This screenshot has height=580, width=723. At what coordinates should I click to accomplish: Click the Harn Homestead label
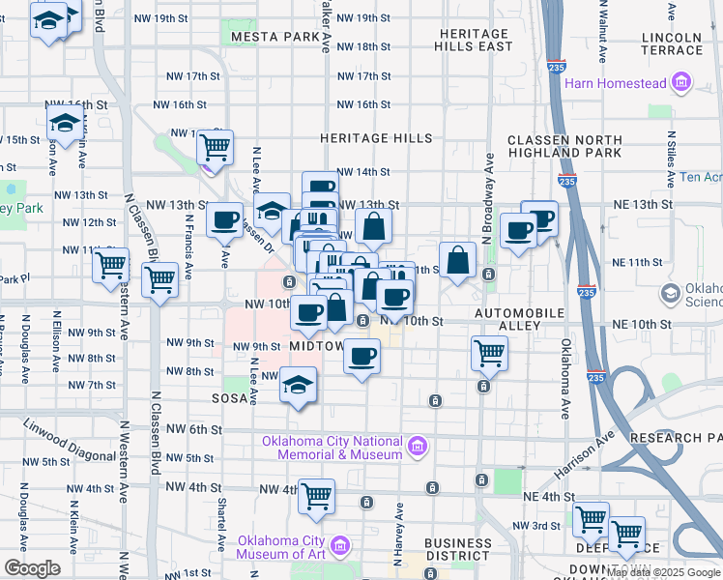point(625,83)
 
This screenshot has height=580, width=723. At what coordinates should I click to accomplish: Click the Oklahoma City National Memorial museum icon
point(417,447)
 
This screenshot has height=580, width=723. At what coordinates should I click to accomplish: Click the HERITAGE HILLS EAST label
point(473,40)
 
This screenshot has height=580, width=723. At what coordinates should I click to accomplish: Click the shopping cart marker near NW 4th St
point(316,497)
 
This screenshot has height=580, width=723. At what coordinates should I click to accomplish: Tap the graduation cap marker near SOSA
point(299,385)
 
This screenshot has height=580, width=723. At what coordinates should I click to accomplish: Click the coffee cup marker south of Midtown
point(361,357)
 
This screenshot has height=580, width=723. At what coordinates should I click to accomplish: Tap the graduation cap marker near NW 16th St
point(64,124)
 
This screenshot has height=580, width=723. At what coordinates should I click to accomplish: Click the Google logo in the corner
point(32,568)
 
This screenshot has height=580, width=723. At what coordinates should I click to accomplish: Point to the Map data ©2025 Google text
point(663,572)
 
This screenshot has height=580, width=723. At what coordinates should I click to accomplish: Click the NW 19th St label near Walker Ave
point(364,18)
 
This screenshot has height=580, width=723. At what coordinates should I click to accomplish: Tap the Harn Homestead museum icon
point(682,83)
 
